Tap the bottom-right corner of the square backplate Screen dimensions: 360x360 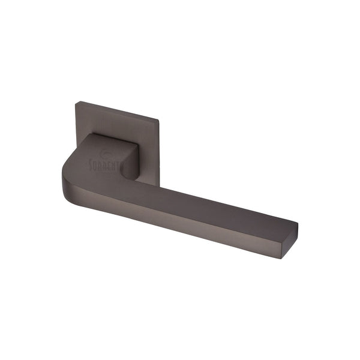(159, 184)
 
